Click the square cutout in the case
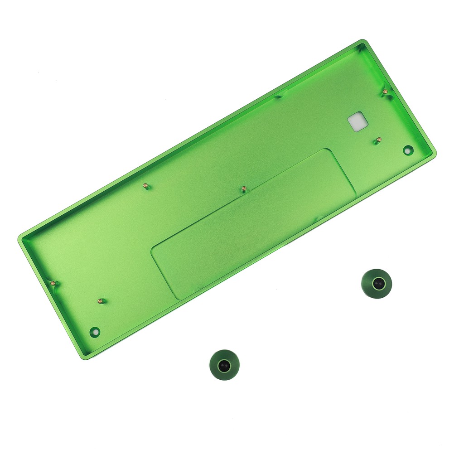[358, 121]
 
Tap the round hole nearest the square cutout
[408, 150]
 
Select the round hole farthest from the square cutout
[95, 332]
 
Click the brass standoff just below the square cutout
[378, 140]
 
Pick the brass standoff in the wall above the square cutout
[385, 92]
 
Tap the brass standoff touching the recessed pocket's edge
[244, 188]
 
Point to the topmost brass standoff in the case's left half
[145, 185]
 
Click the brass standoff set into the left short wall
[53, 283]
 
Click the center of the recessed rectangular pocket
[254, 223]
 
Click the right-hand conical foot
[377, 284]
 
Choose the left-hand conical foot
[224, 365]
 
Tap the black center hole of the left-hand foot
[224, 365]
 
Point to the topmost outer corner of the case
[362, 42]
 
